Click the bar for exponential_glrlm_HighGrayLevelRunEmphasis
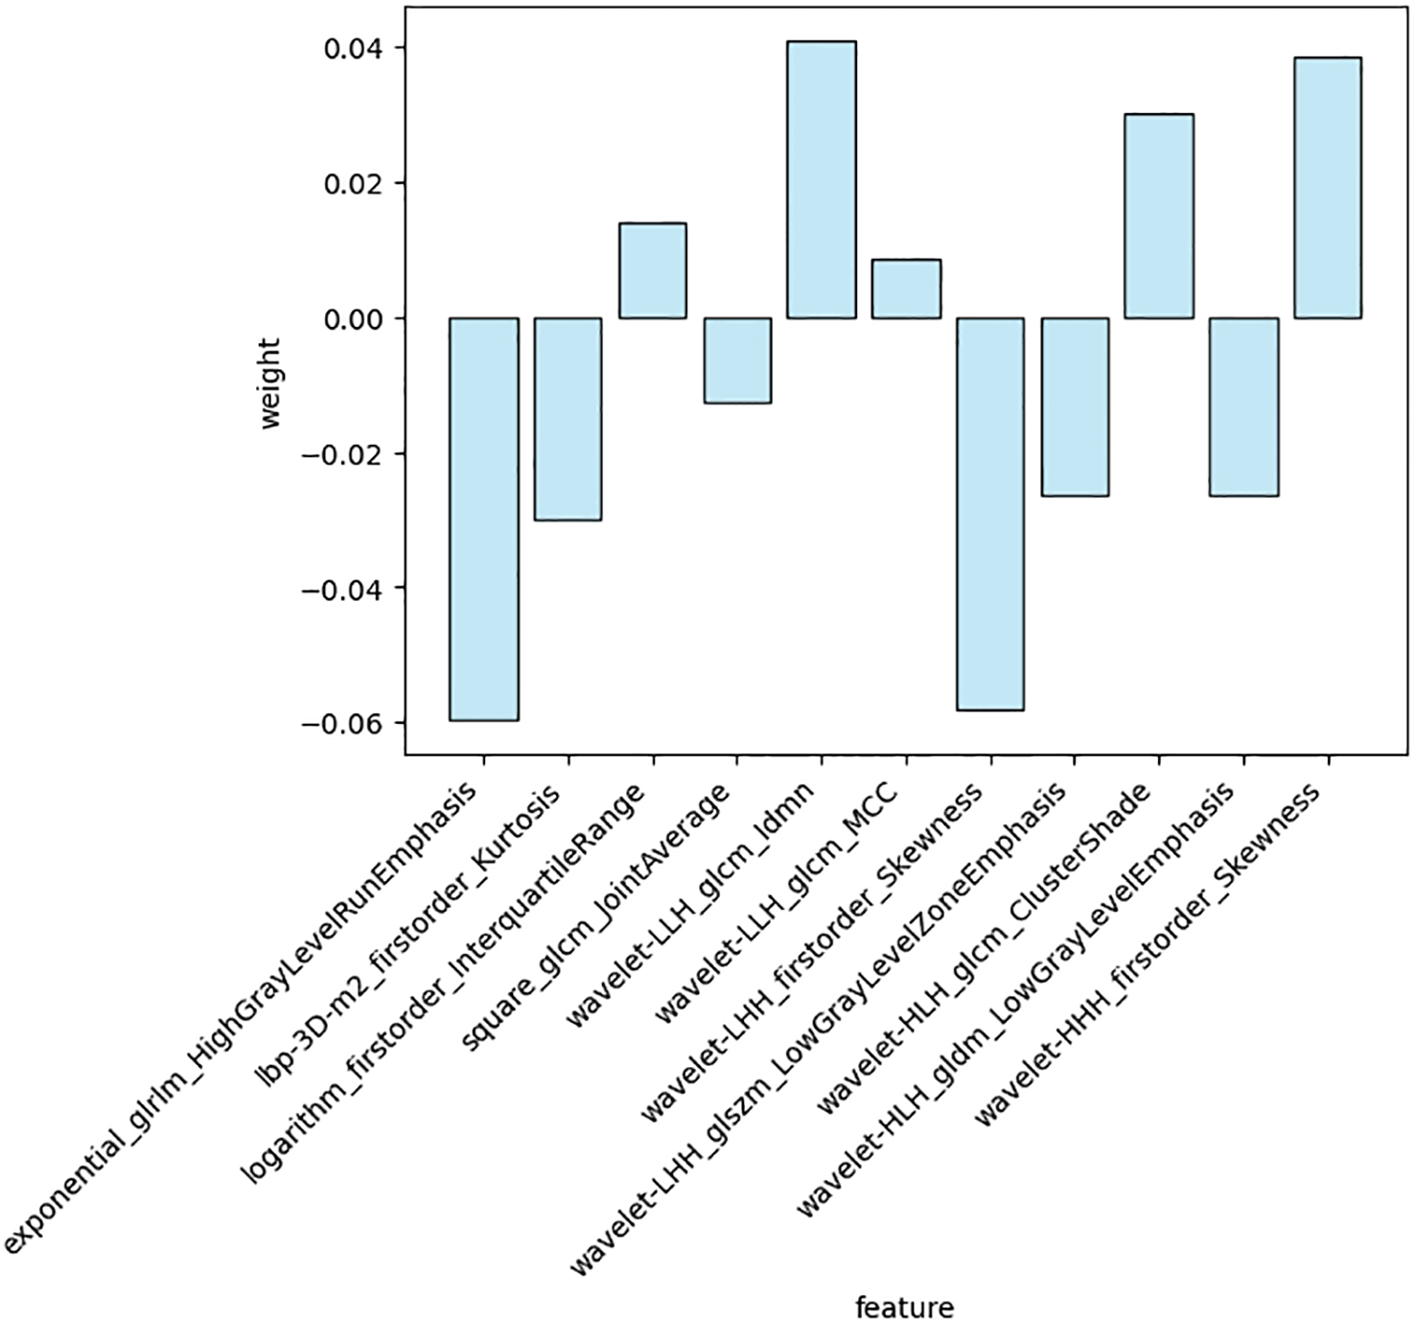click(484, 519)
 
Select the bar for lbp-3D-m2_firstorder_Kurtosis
click(568, 419)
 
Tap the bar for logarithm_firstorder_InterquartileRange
click(652, 270)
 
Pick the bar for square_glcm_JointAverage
click(737, 360)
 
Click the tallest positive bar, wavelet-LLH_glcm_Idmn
click(822, 179)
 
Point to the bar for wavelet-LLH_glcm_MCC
click(906, 289)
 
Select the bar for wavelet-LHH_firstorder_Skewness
click(990, 514)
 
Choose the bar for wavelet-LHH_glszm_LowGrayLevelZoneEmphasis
click(1075, 406)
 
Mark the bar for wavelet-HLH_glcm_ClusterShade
click(1159, 216)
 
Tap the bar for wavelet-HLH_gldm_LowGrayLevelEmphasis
click(1243, 406)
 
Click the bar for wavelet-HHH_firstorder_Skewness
click(1328, 188)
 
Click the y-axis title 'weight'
click(270, 383)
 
